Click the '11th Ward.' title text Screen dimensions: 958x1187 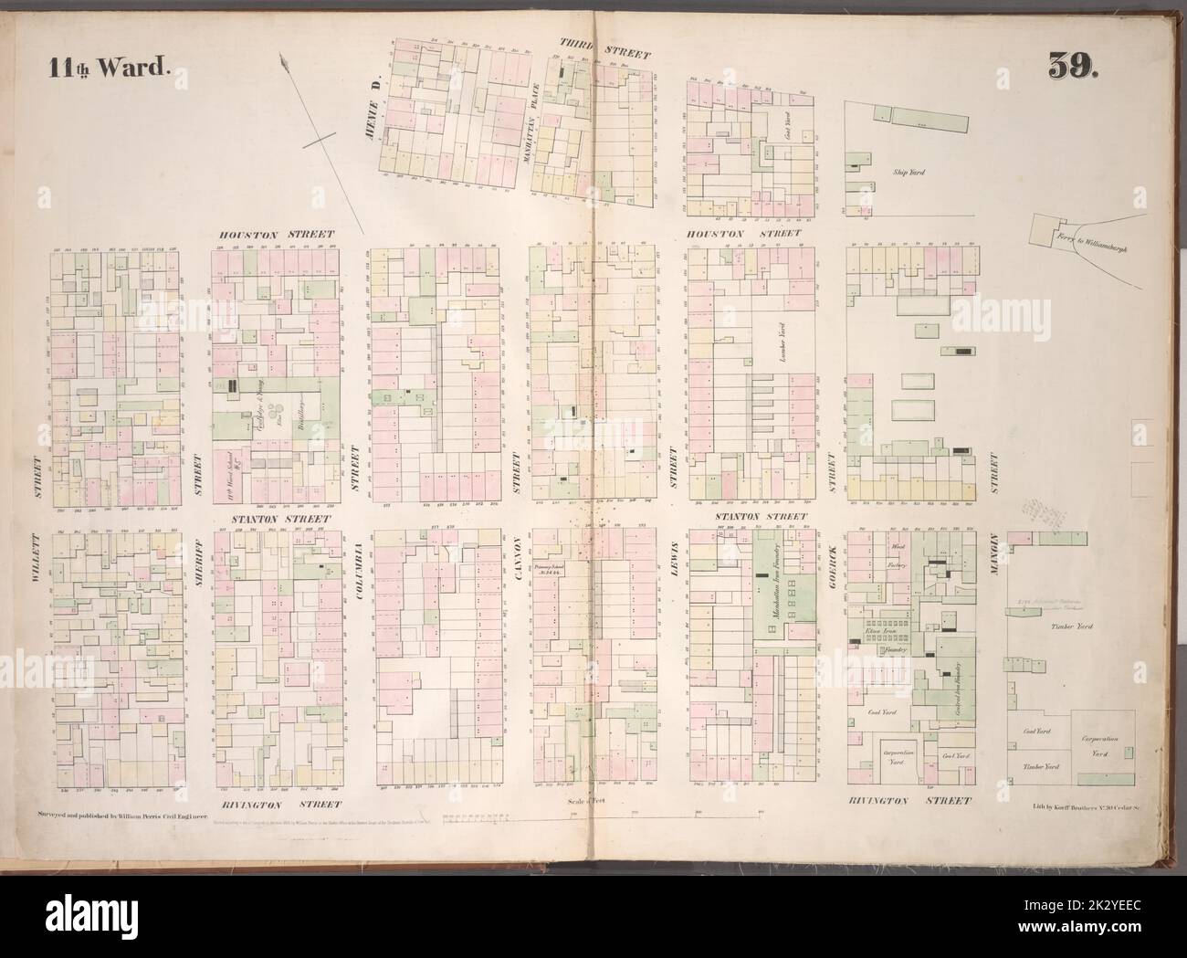pyautogui.click(x=102, y=67)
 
